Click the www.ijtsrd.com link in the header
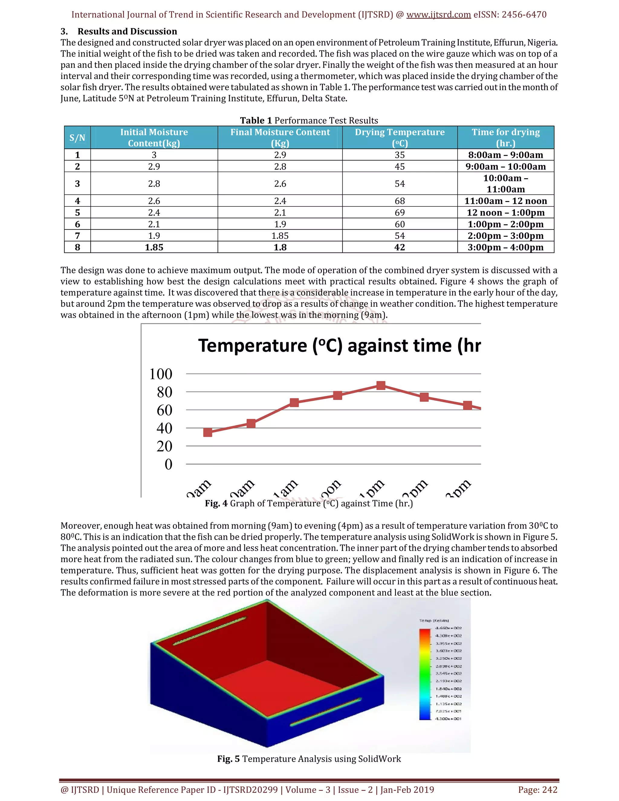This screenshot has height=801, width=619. [438, 15]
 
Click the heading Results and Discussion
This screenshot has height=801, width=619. [127, 31]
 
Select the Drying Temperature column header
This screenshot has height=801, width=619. [399, 137]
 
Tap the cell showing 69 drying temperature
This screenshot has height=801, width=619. [399, 212]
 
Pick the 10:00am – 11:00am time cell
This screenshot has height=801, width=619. [505, 183]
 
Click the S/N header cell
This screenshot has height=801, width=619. [77, 138]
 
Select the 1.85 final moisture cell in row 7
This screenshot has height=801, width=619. [280, 236]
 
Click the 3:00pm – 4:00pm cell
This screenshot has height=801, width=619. [505, 247]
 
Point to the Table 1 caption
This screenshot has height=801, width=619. [309, 120]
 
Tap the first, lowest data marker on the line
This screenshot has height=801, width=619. [208, 433]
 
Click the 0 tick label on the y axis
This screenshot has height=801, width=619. [168, 464]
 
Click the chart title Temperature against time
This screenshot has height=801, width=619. [339, 345]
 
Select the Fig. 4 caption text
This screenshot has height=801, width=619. [309, 503]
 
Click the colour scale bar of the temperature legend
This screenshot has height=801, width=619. [425, 674]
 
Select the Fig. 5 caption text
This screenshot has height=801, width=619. [309, 759]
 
